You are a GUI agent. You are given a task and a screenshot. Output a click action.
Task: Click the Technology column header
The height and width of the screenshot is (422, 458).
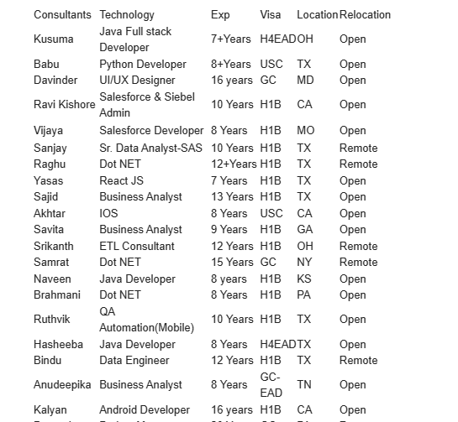(127, 14)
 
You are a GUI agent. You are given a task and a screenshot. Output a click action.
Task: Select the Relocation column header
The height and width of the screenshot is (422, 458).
(365, 14)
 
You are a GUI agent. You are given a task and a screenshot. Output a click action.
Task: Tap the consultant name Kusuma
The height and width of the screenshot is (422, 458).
(53, 39)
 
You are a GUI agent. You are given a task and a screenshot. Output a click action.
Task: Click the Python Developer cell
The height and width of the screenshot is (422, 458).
(143, 64)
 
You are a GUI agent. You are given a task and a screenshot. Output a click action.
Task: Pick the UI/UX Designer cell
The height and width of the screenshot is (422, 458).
(137, 80)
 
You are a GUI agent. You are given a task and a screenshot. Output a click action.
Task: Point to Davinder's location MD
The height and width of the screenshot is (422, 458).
(305, 80)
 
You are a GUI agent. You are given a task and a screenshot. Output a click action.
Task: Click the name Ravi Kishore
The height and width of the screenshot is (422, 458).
(64, 104)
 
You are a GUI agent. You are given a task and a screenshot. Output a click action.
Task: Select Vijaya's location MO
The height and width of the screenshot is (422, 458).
(305, 130)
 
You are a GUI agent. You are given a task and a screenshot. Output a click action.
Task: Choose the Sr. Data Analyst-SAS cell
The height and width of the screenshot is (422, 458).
(150, 148)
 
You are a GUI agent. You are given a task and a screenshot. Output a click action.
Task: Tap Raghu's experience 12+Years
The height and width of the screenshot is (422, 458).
(234, 164)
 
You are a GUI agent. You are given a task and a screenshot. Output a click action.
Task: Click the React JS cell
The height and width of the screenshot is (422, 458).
(121, 180)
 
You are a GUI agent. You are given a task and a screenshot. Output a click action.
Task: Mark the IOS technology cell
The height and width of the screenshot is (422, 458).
(108, 213)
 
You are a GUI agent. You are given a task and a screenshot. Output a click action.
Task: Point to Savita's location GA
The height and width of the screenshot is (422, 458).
(304, 229)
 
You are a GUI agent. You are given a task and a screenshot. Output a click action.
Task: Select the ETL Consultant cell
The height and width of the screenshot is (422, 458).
(137, 246)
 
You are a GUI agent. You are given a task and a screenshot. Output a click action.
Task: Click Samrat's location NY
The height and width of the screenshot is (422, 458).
(304, 262)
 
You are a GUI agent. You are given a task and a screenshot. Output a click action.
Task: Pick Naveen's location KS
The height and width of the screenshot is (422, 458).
(304, 279)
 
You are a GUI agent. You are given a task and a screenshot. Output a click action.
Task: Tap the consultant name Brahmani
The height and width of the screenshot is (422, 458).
(57, 294)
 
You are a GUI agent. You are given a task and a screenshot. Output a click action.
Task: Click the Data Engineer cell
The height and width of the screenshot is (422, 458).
(134, 360)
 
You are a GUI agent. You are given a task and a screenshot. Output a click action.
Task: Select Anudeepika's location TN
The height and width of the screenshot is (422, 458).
(304, 384)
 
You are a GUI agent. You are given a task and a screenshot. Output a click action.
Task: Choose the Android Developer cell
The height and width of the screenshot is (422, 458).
(145, 409)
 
